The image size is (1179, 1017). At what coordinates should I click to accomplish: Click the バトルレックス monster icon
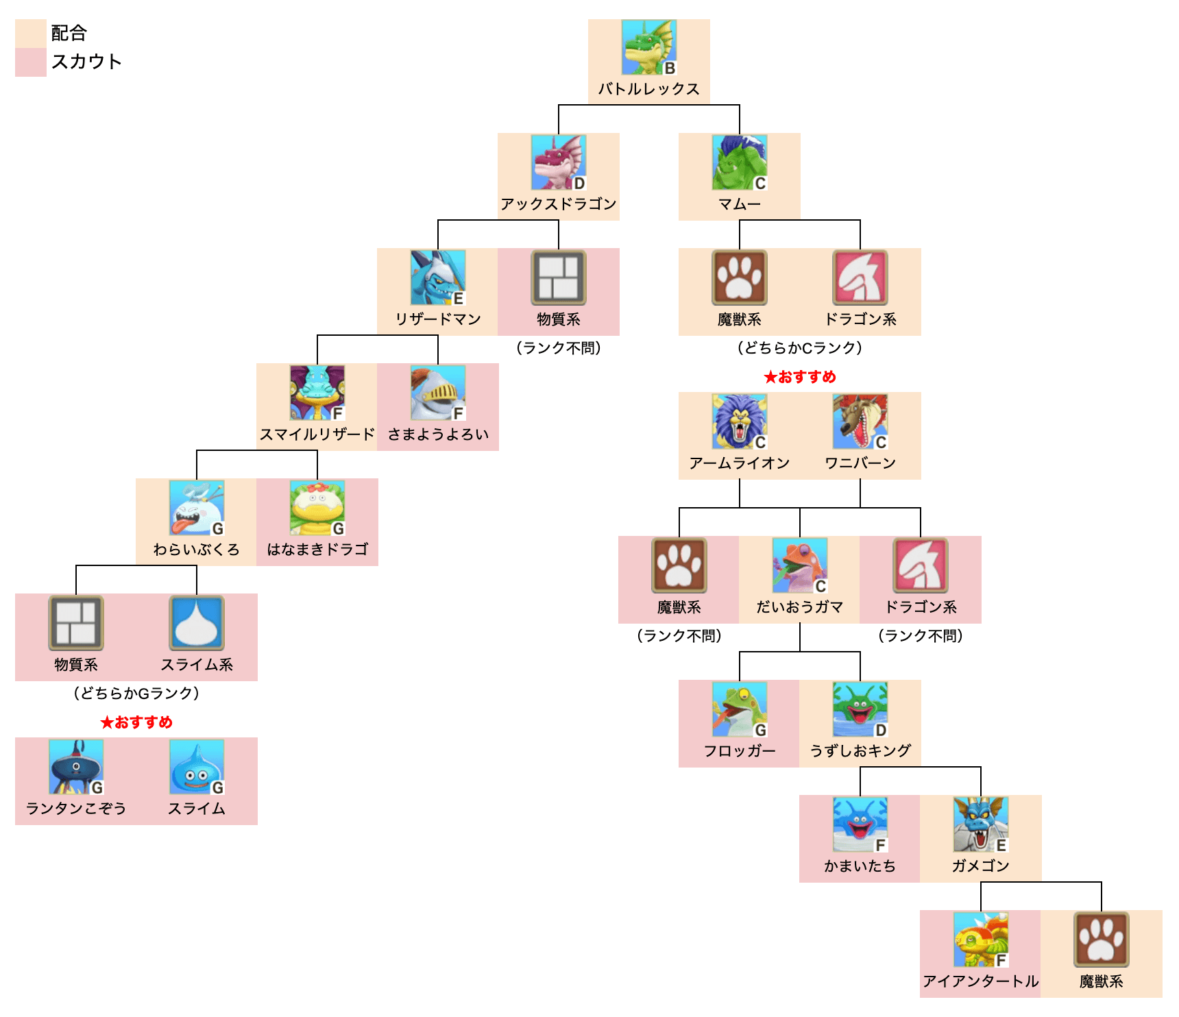tap(648, 47)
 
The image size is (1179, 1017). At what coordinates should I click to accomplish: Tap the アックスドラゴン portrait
tap(558, 162)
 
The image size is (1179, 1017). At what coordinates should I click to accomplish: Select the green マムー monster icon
tap(739, 162)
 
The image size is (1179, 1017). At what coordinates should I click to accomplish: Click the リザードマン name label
tap(438, 319)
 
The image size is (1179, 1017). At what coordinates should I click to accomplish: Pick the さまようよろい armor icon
tap(438, 393)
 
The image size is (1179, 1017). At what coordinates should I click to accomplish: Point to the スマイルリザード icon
tap(317, 393)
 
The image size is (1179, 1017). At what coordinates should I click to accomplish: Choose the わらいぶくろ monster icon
tap(197, 508)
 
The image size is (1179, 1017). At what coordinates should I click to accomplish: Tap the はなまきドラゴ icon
tap(317, 508)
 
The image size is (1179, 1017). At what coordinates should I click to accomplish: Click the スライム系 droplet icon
tap(197, 623)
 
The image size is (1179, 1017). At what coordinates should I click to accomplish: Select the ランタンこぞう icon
tap(76, 767)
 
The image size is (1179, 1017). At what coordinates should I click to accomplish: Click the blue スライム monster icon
tap(197, 767)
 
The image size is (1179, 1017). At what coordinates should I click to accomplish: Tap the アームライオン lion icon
tap(739, 421)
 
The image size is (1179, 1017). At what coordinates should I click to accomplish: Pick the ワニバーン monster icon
tap(860, 421)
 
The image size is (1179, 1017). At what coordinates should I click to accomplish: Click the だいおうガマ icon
tap(799, 565)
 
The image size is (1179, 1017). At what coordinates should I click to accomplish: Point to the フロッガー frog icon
tap(739, 709)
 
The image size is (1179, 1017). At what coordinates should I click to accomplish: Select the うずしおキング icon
tap(860, 709)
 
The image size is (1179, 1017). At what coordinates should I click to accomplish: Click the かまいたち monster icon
tap(860, 824)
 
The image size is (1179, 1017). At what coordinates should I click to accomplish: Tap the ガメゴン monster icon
tap(980, 824)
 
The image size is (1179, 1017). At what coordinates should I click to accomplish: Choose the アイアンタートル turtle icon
tap(980, 940)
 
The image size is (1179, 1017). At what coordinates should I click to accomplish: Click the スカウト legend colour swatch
tap(31, 62)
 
